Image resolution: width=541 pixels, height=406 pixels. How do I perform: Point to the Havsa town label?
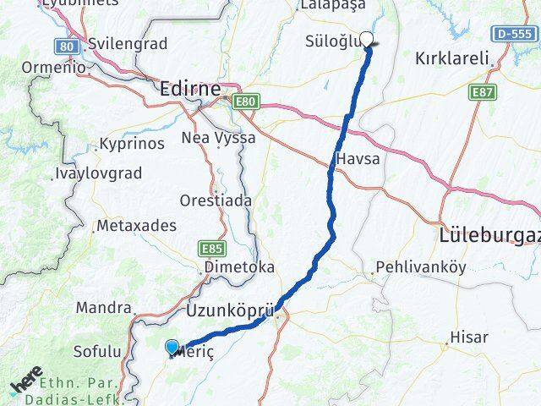pyautogui.click(x=357, y=158)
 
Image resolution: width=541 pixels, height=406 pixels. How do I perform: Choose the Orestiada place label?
pyautogui.click(x=215, y=200)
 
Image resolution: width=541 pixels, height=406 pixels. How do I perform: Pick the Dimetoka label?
pyautogui.click(x=238, y=266)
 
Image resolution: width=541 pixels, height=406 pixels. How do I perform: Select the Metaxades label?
pyautogui.click(x=136, y=226)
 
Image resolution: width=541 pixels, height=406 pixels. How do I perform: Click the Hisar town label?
pyautogui.click(x=469, y=337)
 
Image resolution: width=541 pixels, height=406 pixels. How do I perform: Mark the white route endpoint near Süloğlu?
pyautogui.click(x=367, y=39)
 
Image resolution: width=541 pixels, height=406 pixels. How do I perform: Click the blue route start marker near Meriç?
pyautogui.click(x=172, y=347)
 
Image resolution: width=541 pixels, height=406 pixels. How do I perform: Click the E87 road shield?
pyautogui.click(x=484, y=91)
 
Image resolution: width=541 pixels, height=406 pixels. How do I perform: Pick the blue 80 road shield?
pyautogui.click(x=68, y=46)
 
